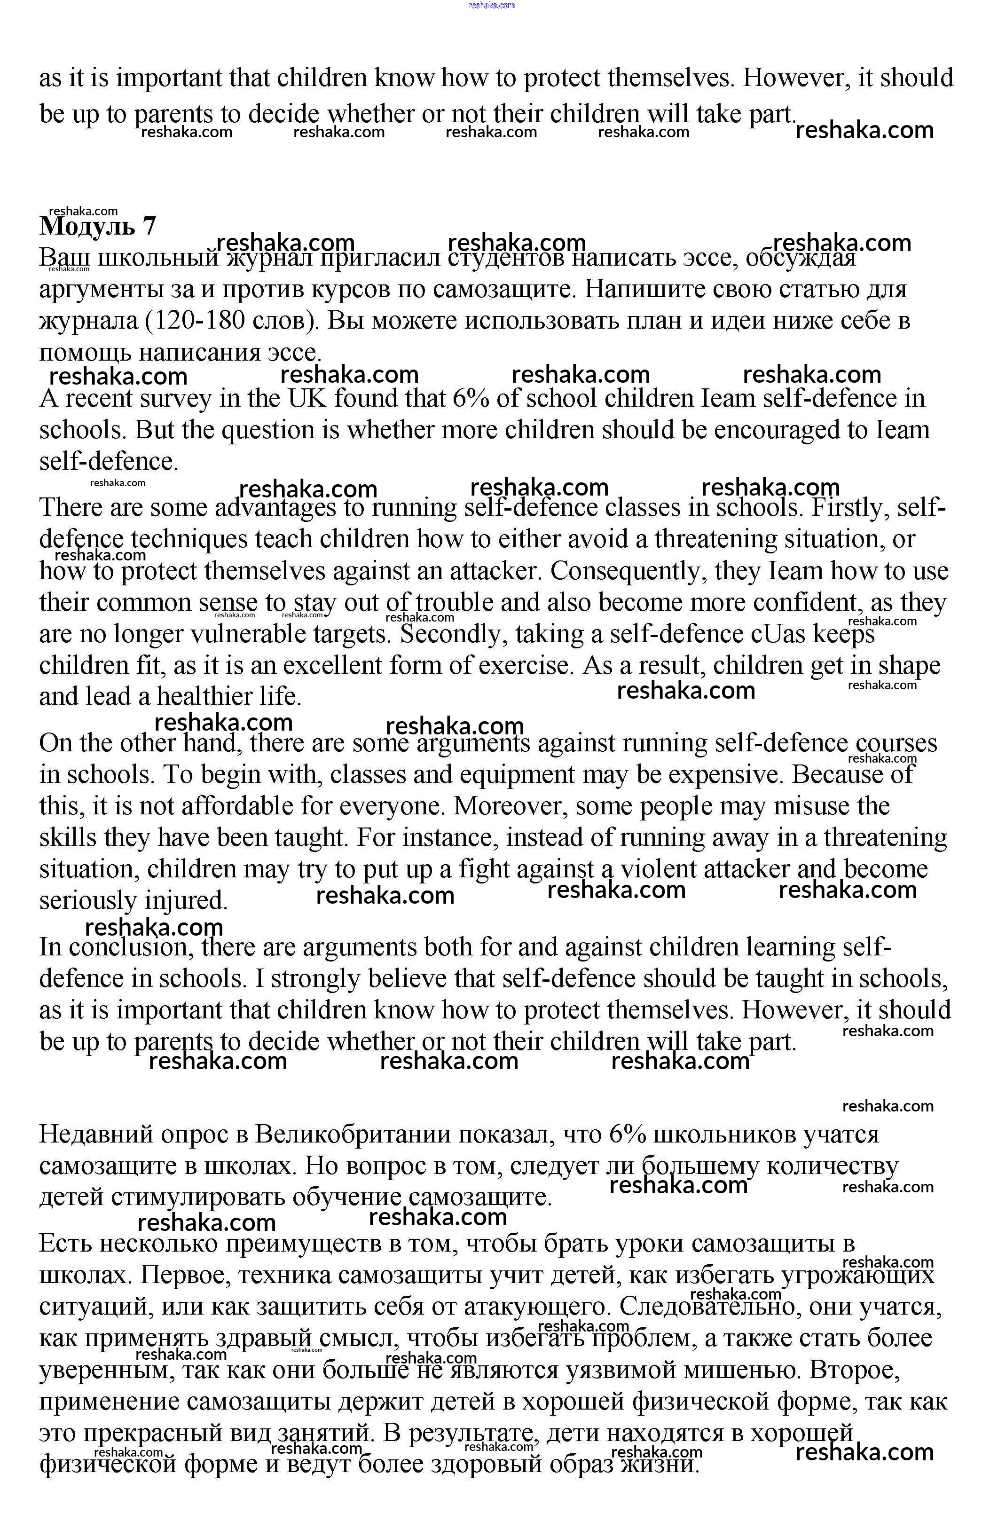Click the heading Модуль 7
point(97,226)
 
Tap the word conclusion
point(130,947)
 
